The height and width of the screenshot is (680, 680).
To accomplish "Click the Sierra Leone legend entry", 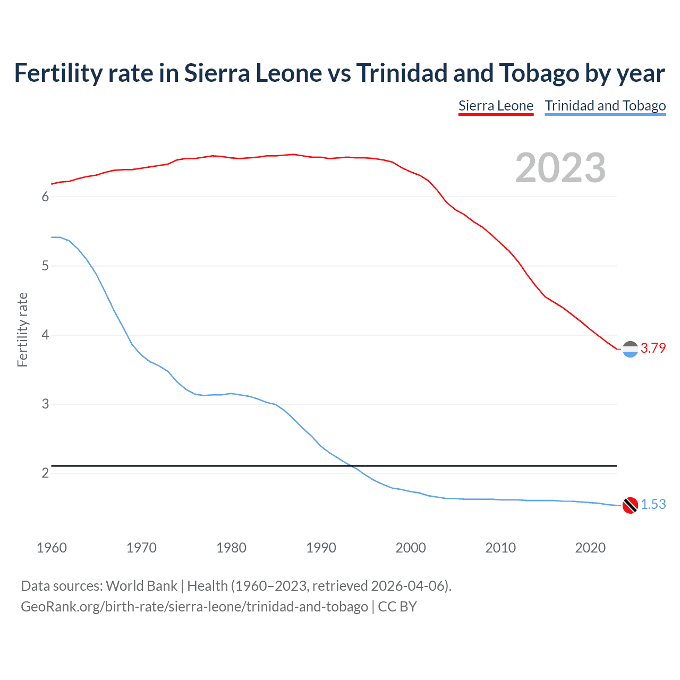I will [x=496, y=106].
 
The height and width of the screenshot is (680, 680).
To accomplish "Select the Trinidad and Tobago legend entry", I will [x=605, y=106].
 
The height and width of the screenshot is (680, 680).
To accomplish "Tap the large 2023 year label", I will [x=560, y=168].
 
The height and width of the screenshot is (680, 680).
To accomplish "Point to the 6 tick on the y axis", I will [x=45, y=197].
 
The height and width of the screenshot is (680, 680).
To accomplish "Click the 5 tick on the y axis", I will [x=45, y=266].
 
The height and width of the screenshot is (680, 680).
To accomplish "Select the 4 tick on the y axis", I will [x=45, y=335].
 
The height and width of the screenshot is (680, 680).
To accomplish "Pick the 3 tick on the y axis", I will [x=45, y=404].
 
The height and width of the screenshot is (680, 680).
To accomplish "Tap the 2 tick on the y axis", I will [x=45, y=473].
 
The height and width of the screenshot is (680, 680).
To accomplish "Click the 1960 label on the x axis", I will [x=52, y=548].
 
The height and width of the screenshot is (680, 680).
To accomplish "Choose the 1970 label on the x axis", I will [x=141, y=548].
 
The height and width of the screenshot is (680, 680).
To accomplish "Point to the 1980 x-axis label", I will [x=231, y=548].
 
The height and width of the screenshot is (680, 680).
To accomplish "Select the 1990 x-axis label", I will [x=321, y=548].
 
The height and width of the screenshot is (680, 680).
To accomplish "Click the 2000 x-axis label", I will [x=411, y=548].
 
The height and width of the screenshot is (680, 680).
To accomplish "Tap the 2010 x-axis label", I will [x=500, y=548].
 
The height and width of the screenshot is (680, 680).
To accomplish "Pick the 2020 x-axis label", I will [x=590, y=548].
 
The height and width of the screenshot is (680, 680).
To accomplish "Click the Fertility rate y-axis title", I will [x=22, y=329].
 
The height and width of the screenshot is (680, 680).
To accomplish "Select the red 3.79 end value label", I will [x=653, y=348].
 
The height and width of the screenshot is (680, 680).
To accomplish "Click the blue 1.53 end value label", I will [x=653, y=504].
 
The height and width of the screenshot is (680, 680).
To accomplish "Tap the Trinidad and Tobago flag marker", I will [x=630, y=505].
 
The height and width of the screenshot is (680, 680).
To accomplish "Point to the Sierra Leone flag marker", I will [x=630, y=349].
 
